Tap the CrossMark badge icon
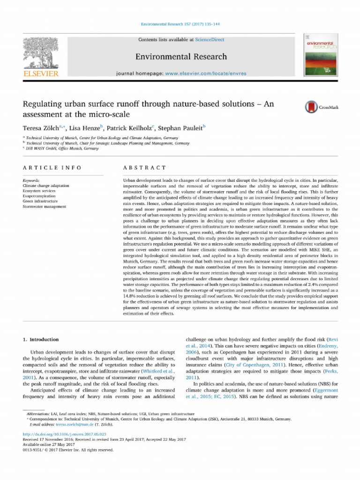[311, 107]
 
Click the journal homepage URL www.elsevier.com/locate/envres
[205, 74]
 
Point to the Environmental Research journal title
[181, 57]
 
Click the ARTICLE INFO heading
[52, 167]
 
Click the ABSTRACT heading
[144, 167]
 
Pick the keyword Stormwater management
[45, 206]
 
